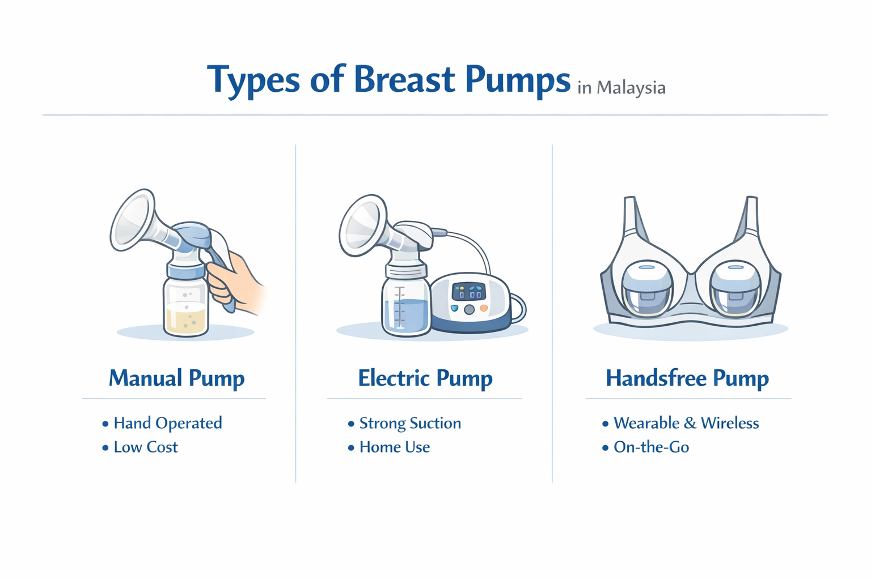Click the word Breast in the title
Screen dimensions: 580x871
coord(404,79)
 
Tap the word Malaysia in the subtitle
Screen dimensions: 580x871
coord(631,88)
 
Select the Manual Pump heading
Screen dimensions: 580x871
coord(176,378)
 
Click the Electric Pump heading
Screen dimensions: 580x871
coord(425,378)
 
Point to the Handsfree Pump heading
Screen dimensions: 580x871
coord(687,378)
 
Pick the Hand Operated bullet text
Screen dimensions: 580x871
coord(167,423)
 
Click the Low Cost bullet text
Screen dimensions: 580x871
coord(145,447)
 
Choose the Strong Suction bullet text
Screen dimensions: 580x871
coord(409,423)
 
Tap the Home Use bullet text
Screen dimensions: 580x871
coord(394,447)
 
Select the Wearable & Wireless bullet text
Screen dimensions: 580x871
coord(686,423)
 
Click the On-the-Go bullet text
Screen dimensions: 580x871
coord(651,447)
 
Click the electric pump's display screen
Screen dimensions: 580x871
coord(469,291)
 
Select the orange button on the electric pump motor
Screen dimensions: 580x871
coord(484,308)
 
